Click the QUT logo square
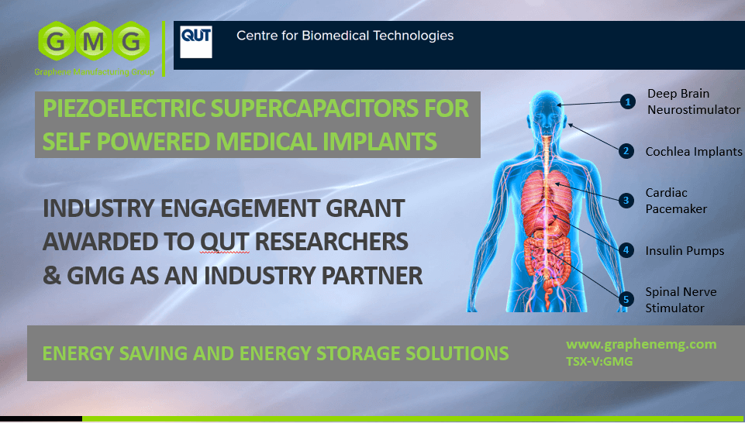(x=196, y=43)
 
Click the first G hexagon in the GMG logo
(x=57, y=41)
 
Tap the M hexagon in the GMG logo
(x=94, y=41)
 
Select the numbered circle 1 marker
(x=628, y=101)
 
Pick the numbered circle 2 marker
(x=626, y=151)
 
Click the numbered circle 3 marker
(x=626, y=201)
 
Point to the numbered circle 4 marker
(x=626, y=250)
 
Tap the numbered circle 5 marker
(x=626, y=299)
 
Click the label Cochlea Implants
(x=694, y=152)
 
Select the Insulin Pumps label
(x=685, y=251)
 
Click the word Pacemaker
(x=676, y=209)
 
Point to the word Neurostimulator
(x=694, y=110)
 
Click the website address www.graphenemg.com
(x=641, y=344)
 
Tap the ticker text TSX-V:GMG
(x=599, y=361)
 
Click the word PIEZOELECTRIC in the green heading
(x=125, y=108)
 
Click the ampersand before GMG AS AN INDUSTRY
(x=52, y=276)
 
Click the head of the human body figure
(x=547, y=112)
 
